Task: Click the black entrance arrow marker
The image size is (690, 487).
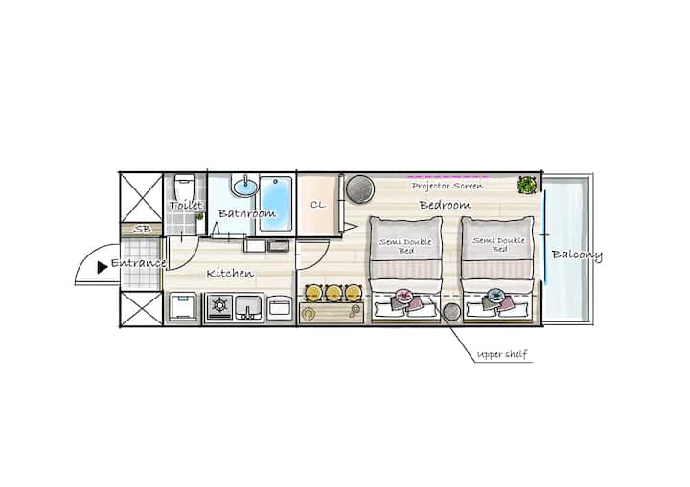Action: (x=103, y=267)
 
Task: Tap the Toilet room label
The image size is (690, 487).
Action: (x=186, y=206)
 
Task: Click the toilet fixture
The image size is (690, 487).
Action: (x=184, y=187)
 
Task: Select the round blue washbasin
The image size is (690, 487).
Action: (x=245, y=187)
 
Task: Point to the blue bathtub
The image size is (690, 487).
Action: (x=276, y=203)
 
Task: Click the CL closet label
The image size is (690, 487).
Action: (x=318, y=205)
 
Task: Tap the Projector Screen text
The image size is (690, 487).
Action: (x=448, y=186)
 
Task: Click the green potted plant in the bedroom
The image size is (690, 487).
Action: (x=526, y=185)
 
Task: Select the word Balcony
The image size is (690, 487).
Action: (x=577, y=255)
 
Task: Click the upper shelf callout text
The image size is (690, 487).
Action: (x=502, y=354)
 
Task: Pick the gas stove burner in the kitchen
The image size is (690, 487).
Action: (x=220, y=305)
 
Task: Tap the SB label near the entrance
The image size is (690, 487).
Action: (x=142, y=229)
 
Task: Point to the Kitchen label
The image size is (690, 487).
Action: (x=230, y=274)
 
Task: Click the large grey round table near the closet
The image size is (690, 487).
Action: (x=360, y=189)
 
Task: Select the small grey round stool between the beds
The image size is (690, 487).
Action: (x=451, y=312)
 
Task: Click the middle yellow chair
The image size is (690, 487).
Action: (x=333, y=293)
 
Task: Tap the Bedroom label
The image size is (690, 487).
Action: (x=445, y=205)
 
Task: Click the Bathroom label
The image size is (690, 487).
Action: (x=247, y=213)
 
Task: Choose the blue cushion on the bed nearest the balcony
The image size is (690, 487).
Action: (x=496, y=295)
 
